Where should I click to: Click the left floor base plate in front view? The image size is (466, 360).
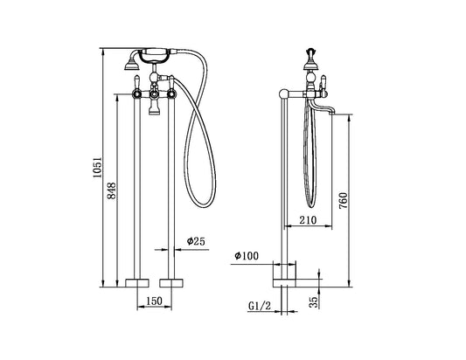137,282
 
